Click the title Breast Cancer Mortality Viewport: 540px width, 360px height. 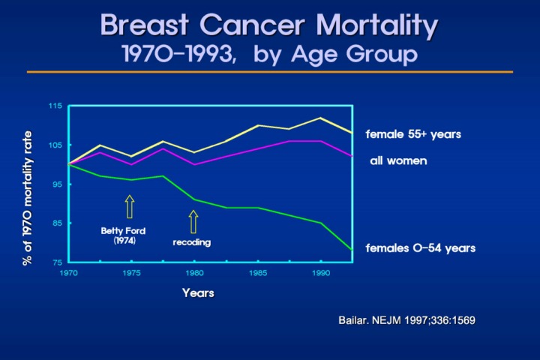click(x=269, y=25)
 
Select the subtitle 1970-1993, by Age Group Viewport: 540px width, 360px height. click(x=269, y=54)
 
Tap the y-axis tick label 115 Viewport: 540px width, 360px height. click(x=55, y=106)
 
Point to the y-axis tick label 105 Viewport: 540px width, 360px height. click(x=55, y=145)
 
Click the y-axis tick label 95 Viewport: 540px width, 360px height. click(x=56, y=184)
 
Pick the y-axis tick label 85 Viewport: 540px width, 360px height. click(x=56, y=223)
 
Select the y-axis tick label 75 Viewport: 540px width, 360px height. click(x=56, y=262)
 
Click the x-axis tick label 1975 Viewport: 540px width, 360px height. click(x=131, y=274)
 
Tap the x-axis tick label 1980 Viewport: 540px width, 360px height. click(x=194, y=274)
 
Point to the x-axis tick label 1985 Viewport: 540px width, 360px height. click(x=258, y=274)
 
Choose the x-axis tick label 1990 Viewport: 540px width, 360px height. click(x=321, y=274)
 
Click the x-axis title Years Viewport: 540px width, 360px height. click(x=198, y=293)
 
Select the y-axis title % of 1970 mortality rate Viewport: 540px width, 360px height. click(x=28, y=195)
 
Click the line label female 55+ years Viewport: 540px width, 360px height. click(x=412, y=135)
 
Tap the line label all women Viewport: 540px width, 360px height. click(x=398, y=161)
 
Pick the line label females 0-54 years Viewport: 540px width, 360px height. click(x=420, y=247)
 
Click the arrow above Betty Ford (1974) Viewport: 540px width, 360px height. click(x=129, y=206)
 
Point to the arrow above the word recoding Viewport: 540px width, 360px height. click(x=193, y=221)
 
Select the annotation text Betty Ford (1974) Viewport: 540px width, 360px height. click(x=123, y=235)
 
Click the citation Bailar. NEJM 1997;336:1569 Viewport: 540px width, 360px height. click(x=407, y=320)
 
